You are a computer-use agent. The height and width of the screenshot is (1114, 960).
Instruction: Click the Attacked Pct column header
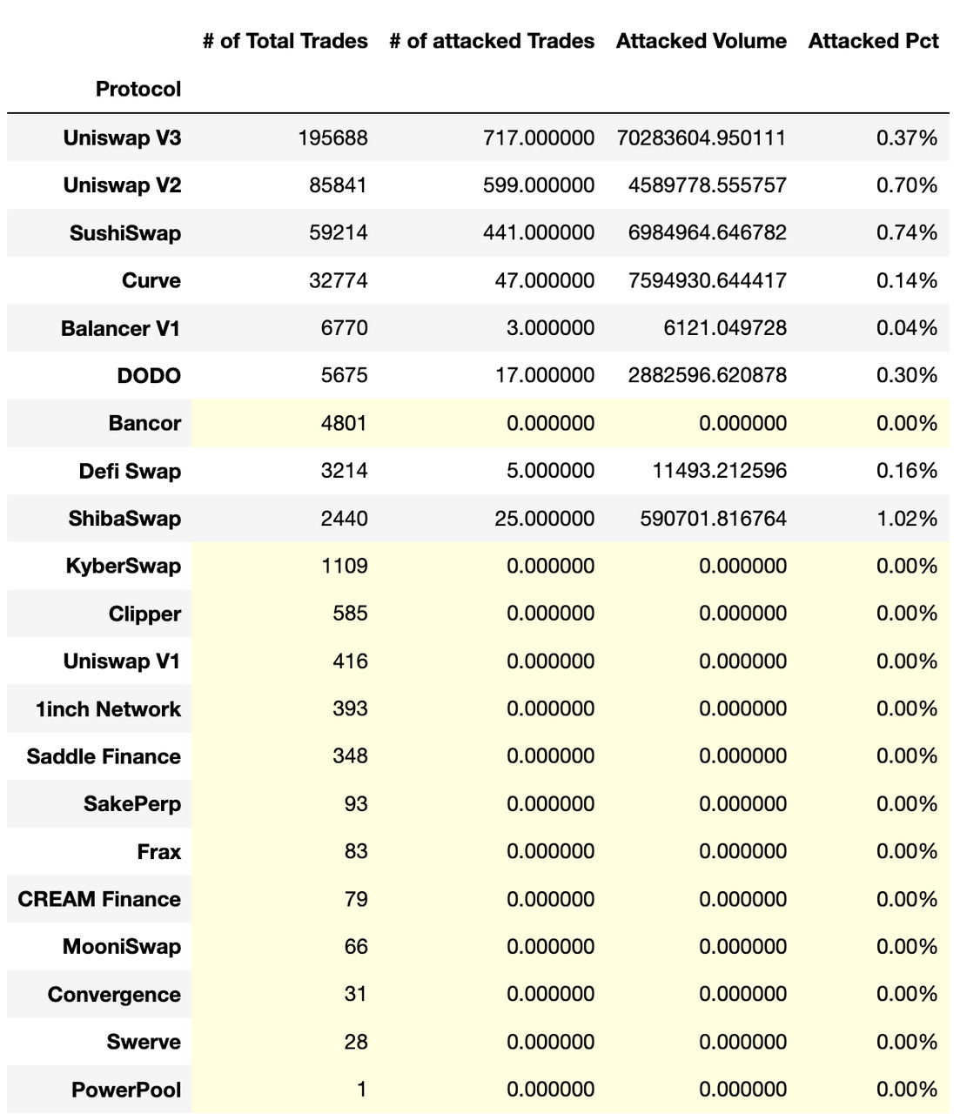click(x=873, y=41)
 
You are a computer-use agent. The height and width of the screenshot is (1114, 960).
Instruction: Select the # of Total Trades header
click(x=285, y=41)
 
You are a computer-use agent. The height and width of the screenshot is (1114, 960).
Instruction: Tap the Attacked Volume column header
click(x=701, y=41)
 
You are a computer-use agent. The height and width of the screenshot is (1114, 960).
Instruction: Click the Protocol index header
click(x=138, y=89)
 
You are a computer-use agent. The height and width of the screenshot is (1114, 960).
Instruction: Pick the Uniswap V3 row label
click(x=122, y=138)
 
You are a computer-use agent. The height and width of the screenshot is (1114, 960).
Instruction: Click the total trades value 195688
click(x=333, y=138)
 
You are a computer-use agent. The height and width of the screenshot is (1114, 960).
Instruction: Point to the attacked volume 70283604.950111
click(x=701, y=138)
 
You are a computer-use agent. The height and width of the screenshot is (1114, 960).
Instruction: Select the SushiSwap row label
click(x=125, y=233)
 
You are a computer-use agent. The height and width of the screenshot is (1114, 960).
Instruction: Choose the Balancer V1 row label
click(x=121, y=328)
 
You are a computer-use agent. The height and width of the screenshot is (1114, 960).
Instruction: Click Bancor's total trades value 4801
click(x=345, y=424)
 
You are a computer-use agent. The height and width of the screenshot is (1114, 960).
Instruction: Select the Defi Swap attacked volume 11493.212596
click(x=719, y=471)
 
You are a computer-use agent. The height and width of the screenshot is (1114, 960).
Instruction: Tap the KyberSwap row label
click(x=124, y=567)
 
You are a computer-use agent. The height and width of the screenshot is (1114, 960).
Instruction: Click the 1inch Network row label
click(x=109, y=709)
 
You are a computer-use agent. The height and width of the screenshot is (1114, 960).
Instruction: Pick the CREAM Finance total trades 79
click(x=356, y=899)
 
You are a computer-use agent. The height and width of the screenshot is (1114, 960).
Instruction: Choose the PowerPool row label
click(x=127, y=1090)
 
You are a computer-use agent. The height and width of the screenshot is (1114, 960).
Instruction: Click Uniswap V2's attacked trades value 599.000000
click(x=540, y=185)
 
